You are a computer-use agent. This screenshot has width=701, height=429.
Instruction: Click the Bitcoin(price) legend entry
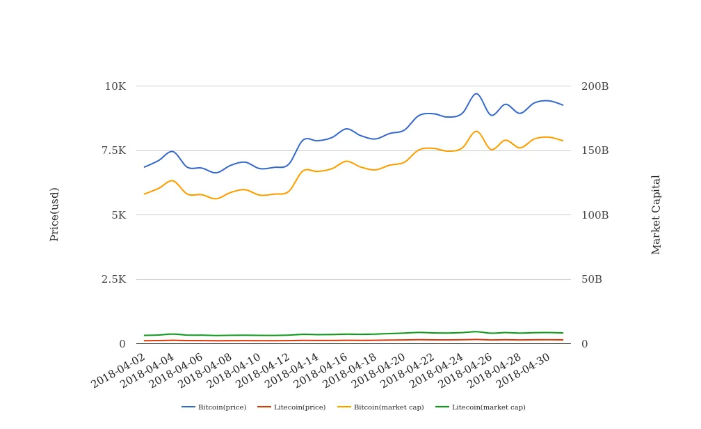214,407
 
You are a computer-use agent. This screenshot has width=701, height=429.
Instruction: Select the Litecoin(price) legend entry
291,407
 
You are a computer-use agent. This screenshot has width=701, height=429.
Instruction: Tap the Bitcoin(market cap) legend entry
380,407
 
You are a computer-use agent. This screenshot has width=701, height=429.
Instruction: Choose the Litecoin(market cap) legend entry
481,407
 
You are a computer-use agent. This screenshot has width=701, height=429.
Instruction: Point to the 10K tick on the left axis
115,86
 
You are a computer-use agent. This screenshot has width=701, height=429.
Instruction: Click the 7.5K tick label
113,150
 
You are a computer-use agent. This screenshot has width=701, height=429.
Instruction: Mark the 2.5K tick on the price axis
113,279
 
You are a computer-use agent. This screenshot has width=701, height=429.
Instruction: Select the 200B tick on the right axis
595,86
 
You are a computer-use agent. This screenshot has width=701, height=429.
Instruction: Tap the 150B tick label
595,150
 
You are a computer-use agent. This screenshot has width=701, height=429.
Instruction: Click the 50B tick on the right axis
591,279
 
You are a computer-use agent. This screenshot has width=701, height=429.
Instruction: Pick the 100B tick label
595,215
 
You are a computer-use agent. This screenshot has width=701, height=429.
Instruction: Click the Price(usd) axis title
54,214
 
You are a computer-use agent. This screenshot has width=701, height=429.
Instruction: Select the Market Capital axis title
655,214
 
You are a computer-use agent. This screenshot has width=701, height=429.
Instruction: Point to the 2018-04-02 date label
119,370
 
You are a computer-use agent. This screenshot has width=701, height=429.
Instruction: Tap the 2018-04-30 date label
524,370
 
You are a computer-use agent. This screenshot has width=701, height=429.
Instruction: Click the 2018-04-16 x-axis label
321,370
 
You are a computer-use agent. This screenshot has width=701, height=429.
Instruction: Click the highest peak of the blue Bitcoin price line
476,93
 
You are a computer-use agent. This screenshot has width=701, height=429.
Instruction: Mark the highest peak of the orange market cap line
476,131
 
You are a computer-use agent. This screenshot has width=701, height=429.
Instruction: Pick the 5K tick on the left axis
119,215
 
